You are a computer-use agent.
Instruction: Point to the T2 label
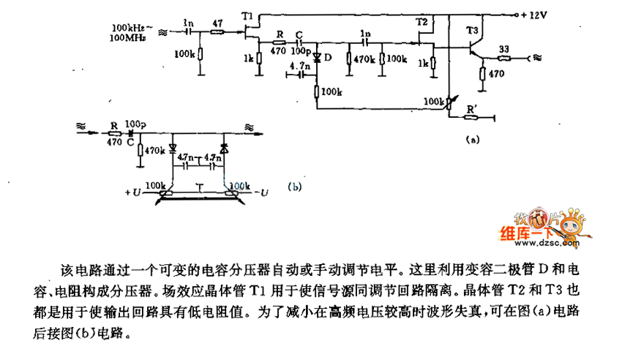(421, 23)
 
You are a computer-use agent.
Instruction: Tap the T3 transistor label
(471, 30)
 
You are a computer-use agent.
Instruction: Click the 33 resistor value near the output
(504, 48)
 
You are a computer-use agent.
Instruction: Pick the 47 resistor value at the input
(218, 24)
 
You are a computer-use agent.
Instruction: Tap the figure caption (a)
(472, 138)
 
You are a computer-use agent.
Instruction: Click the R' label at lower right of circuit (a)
(473, 108)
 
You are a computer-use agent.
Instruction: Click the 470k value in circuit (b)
(154, 150)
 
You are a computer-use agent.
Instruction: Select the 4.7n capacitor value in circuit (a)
(301, 66)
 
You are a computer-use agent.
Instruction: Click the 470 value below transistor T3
(497, 73)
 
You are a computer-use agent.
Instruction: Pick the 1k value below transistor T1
(248, 59)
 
